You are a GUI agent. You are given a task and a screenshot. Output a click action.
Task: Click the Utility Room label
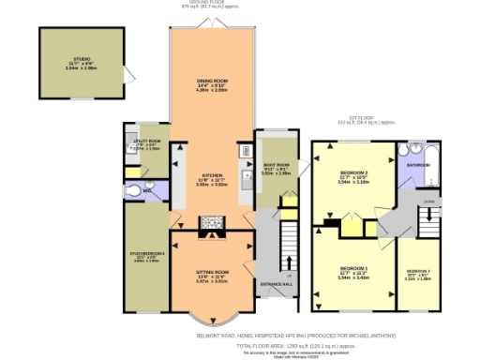[148, 142]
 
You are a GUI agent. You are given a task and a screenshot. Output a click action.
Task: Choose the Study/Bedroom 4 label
[146, 253]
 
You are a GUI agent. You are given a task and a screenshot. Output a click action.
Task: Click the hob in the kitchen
[211, 223]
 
